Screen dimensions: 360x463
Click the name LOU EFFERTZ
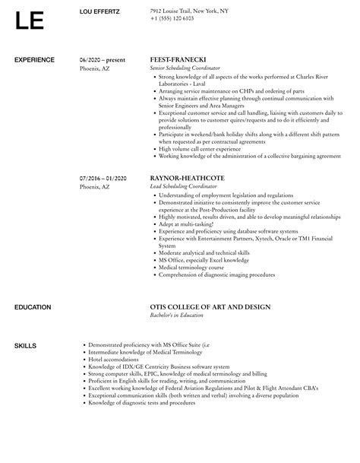click(103, 11)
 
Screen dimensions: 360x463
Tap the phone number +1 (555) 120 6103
click(172, 18)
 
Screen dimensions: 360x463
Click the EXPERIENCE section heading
click(35, 59)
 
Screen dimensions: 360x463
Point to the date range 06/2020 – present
click(102, 59)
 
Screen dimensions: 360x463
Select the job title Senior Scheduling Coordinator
click(189, 68)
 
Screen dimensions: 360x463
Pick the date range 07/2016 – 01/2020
click(103, 179)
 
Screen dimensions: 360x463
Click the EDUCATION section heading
click(33, 307)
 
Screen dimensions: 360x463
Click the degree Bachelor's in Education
click(180, 316)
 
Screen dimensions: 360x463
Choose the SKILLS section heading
click(25, 346)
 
